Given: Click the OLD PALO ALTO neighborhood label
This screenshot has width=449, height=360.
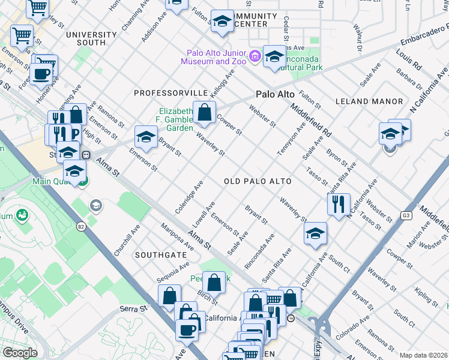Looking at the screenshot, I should pos(258,181).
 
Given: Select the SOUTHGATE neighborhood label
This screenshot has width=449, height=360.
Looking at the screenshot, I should pos(159,255).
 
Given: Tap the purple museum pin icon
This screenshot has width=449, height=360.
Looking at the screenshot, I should pos(256,57).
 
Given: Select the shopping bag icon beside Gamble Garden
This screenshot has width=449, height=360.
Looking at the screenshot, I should pos(204,112).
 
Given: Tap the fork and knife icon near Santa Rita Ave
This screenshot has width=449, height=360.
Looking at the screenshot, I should pos(339,203).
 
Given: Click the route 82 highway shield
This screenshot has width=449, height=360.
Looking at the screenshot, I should pos(80,226).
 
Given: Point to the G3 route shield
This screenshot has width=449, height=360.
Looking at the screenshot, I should pos(408,215).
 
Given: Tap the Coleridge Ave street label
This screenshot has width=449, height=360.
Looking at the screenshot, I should pos(190,196).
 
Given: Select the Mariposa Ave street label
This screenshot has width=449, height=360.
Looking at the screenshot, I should pos(177,237).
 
